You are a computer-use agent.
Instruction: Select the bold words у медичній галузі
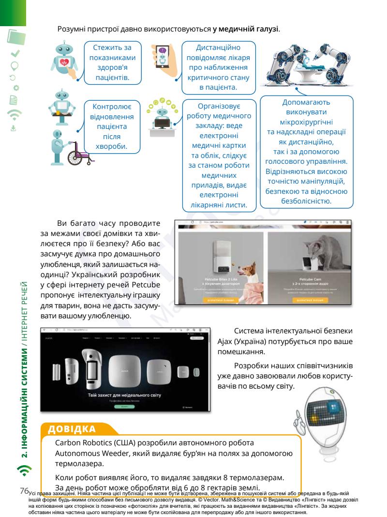point(246,30)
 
